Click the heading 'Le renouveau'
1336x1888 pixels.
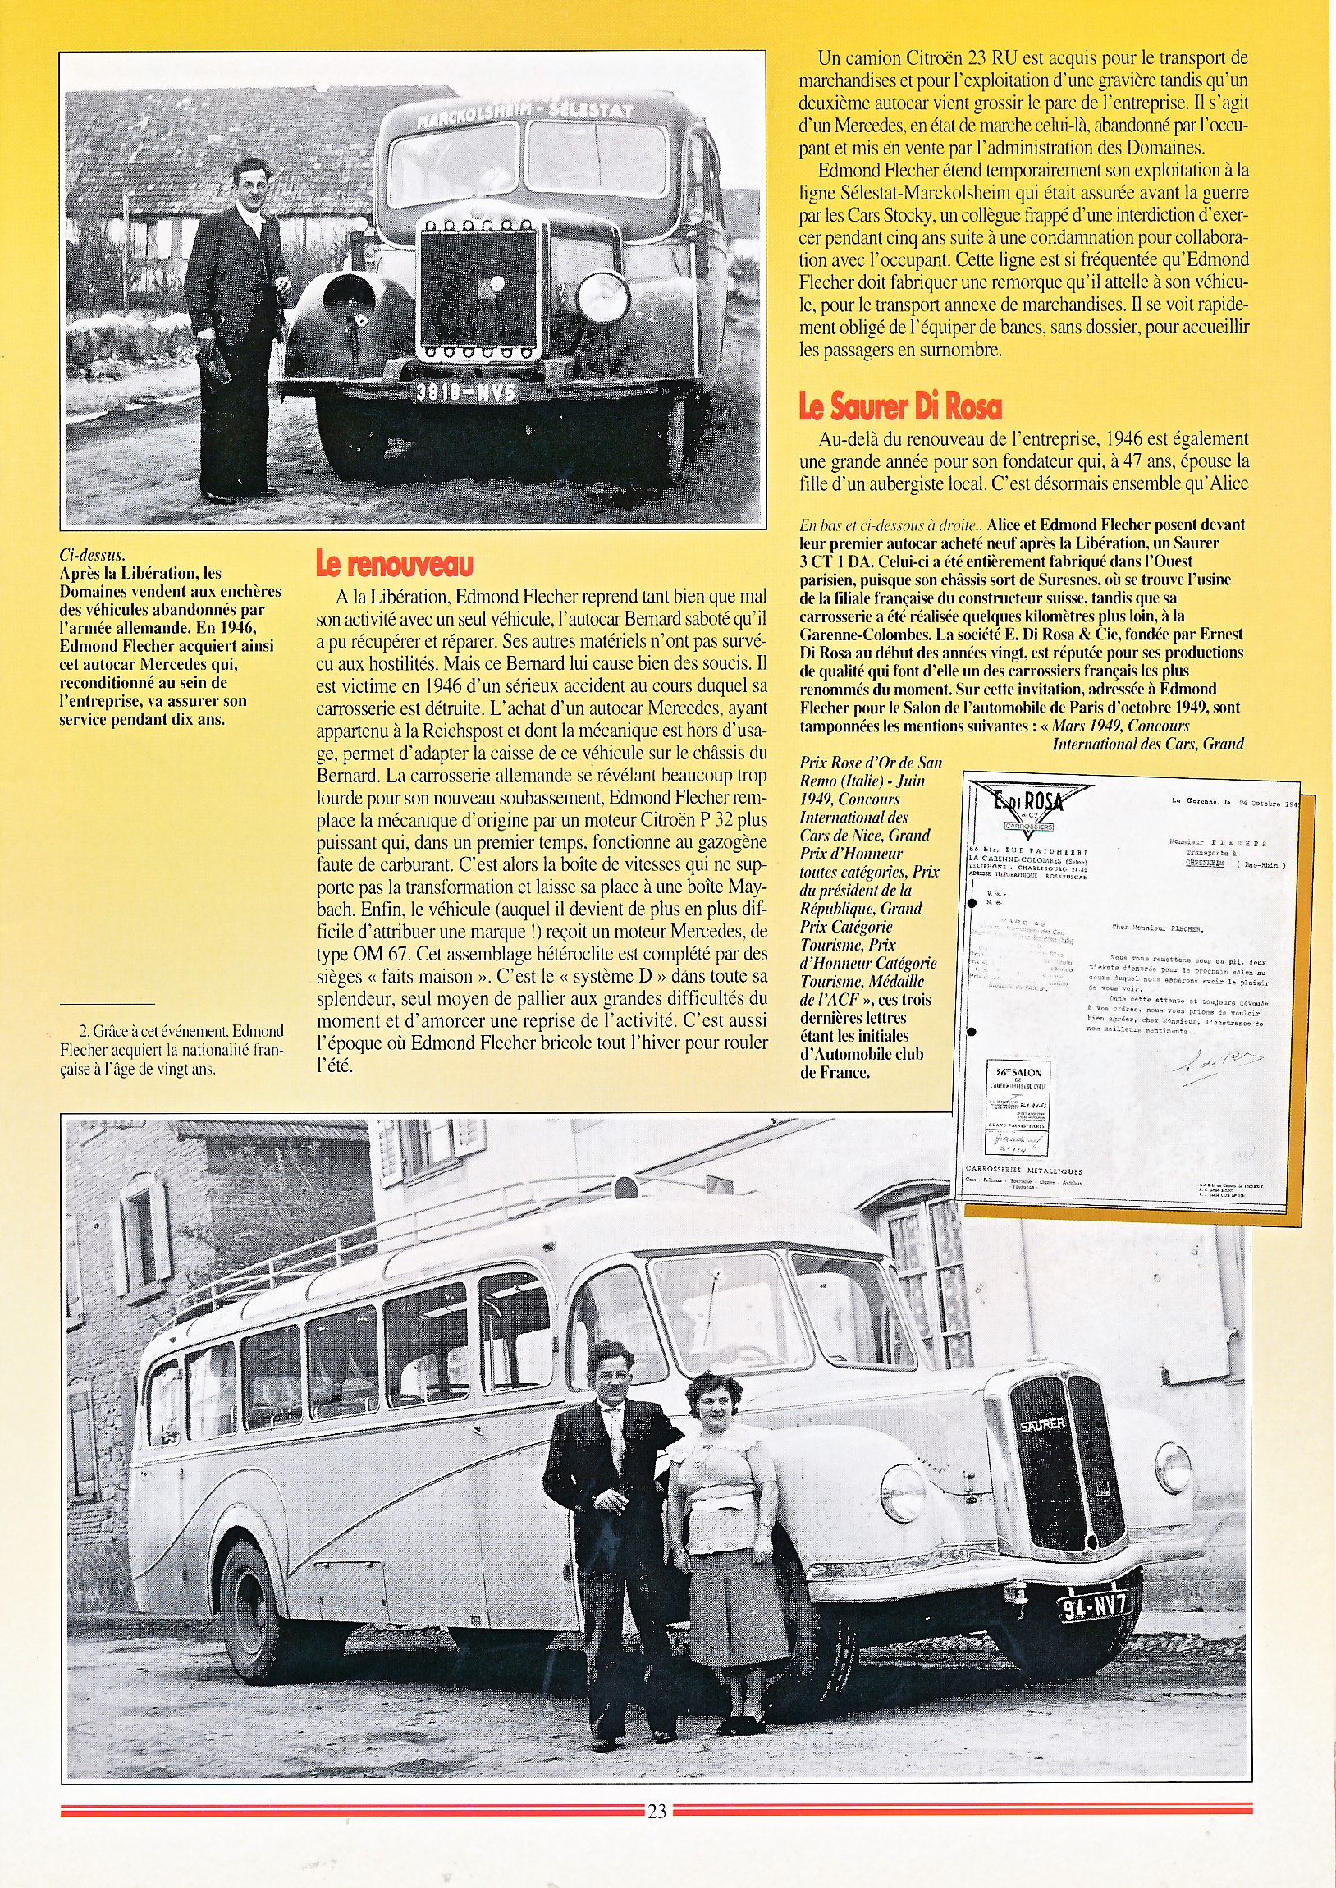(x=394, y=564)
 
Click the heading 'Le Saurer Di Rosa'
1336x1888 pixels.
(x=900, y=406)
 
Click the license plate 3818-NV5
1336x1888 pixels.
(x=465, y=392)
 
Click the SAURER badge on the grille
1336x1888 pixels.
(x=1042, y=1424)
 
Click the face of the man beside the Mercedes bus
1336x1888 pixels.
(x=248, y=180)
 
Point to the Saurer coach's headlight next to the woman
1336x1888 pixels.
(x=903, y=1493)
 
